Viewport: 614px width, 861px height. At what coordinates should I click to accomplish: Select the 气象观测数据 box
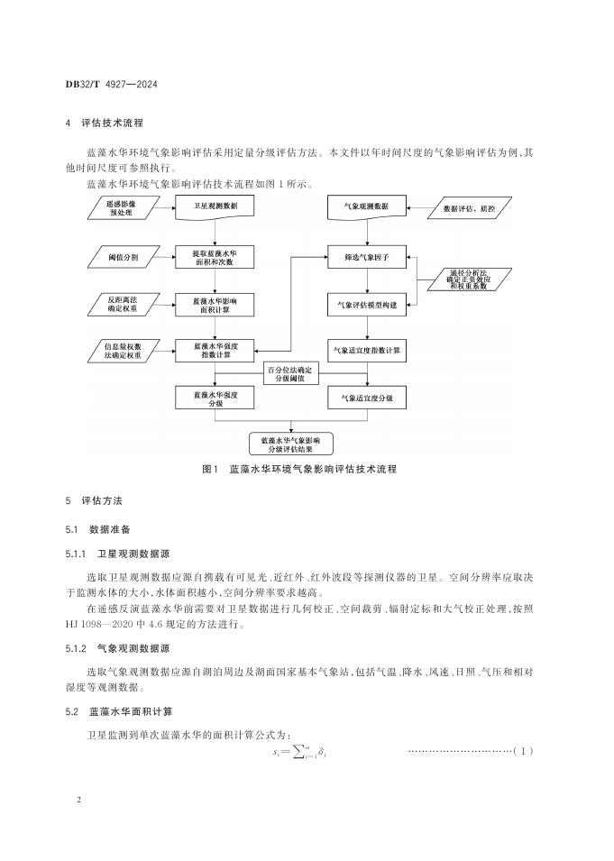(366, 207)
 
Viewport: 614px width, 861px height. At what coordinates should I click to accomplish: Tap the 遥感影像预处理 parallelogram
(121, 207)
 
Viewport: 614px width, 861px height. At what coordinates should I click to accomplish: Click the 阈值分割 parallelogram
(122, 257)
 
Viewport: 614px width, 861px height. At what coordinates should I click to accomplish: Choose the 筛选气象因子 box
(366, 257)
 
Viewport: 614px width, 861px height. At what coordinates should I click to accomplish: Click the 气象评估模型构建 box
(366, 306)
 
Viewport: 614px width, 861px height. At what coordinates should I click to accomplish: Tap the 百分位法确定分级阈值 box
(289, 373)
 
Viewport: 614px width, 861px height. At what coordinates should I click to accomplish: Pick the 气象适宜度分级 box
(366, 397)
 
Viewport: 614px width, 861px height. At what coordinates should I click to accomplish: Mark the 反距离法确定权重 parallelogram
(121, 305)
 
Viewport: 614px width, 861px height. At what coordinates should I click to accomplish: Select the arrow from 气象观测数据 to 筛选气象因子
(366, 232)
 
